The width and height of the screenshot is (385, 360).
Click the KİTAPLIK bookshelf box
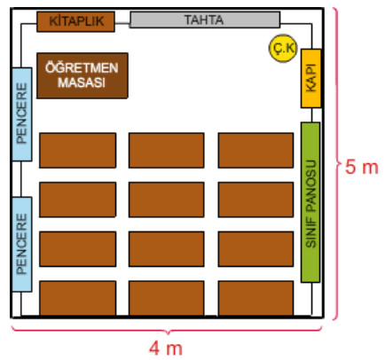point(75,21)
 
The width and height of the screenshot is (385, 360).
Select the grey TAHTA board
point(205,20)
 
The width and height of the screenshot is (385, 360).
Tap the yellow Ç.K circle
point(283,48)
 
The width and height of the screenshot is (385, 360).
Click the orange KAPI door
point(311,78)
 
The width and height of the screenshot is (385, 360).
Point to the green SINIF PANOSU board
point(310,202)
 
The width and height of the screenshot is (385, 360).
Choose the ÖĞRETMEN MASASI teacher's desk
point(82,75)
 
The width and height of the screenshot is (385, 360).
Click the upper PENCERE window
point(22,114)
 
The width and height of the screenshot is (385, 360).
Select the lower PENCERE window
point(22,245)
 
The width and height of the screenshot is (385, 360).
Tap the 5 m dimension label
point(362,168)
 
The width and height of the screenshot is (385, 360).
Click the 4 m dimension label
point(166,348)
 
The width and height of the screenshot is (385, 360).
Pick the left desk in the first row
point(77,151)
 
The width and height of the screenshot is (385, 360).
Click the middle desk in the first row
point(167,151)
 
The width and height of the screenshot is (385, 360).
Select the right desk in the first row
point(255,151)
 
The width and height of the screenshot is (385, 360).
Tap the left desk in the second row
point(77,200)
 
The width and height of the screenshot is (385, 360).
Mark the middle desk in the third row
point(167,249)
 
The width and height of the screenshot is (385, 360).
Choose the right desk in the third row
point(255,249)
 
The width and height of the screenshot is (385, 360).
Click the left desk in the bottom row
point(77,299)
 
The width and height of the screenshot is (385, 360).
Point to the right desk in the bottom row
point(255,299)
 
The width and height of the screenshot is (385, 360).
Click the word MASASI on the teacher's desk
point(82,82)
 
